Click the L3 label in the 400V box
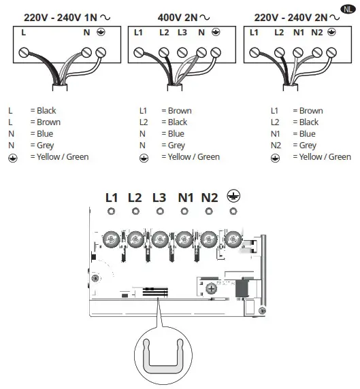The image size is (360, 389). click(x=182, y=32)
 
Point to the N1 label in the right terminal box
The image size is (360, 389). click(x=298, y=32)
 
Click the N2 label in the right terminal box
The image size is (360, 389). click(x=317, y=32)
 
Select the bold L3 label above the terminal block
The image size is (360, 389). click(x=159, y=198)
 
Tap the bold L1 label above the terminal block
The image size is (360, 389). click(x=112, y=198)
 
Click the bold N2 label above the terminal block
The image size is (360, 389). click(x=209, y=198)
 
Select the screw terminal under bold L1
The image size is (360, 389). click(x=111, y=239)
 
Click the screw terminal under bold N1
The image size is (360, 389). click(x=184, y=239)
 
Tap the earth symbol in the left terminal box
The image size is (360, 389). click(x=101, y=32)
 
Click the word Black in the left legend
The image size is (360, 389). click(x=46, y=110)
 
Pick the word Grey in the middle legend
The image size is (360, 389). click(x=176, y=145)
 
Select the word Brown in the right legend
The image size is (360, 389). click(x=311, y=110)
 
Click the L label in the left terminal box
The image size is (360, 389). click(x=24, y=32)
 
